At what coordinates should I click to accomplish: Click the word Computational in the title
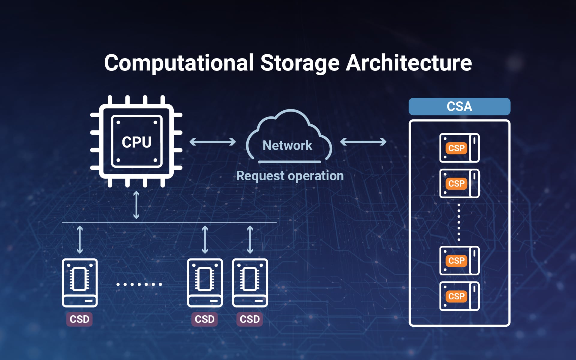pos(179,63)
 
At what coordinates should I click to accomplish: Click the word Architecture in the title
pos(409,63)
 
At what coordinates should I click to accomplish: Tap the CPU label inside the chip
pos(136,142)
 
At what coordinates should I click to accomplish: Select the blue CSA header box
pos(459,106)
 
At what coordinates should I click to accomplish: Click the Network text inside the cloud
pos(287,145)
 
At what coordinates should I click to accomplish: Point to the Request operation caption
pos(290,176)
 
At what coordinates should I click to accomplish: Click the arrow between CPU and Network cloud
pos(213,142)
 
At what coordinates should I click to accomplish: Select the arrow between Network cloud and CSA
pos(363,142)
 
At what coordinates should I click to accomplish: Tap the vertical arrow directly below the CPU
pos(136,205)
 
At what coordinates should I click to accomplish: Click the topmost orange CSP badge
pos(456,148)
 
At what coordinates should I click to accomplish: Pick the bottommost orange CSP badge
pos(456,296)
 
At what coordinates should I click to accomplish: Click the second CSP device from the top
pos(459,183)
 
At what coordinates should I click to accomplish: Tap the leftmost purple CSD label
pos(79,319)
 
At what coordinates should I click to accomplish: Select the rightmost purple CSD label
pos(250,319)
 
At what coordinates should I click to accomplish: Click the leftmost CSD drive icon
pos(80,283)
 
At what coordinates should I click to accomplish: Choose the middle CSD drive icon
pos(205,283)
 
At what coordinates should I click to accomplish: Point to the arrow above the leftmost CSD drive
pos(80,240)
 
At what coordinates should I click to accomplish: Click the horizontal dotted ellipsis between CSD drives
pos(139,284)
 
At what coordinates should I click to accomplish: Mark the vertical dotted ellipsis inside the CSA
pos(459,222)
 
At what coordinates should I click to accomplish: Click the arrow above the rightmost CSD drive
pos(250,240)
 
